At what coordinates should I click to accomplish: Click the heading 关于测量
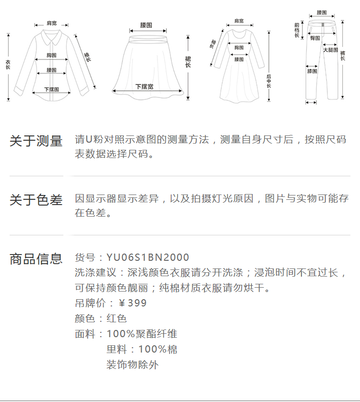36,141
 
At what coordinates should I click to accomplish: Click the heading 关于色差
36,200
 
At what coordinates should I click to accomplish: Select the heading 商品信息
36,259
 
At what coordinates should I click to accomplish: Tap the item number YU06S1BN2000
148,258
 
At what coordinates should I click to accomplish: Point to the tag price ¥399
132,303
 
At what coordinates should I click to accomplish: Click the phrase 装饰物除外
132,365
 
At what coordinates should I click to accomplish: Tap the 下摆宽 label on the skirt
144,86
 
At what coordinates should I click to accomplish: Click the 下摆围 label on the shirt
51,89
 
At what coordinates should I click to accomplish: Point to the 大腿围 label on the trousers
330,50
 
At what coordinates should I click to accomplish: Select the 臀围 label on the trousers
315,37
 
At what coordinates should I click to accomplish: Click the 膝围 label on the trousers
312,71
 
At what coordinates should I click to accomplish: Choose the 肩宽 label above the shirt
51,23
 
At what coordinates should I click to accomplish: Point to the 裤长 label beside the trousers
342,55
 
